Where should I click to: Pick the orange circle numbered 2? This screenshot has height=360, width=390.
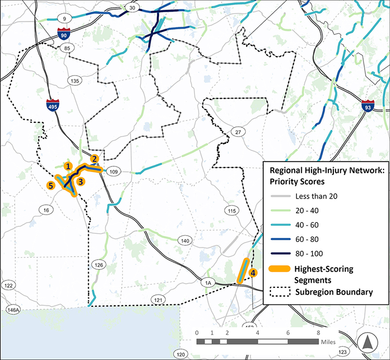coord(95,158)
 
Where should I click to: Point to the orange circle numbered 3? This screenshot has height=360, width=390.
coord(81,181)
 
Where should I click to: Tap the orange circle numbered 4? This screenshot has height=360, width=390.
coord(253,273)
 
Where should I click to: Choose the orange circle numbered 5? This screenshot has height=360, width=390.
coord(50,185)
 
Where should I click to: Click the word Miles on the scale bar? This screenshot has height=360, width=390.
coord(328,342)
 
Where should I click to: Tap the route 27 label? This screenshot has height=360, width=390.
coord(238,132)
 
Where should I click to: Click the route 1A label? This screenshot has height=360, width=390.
coord(208,282)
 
